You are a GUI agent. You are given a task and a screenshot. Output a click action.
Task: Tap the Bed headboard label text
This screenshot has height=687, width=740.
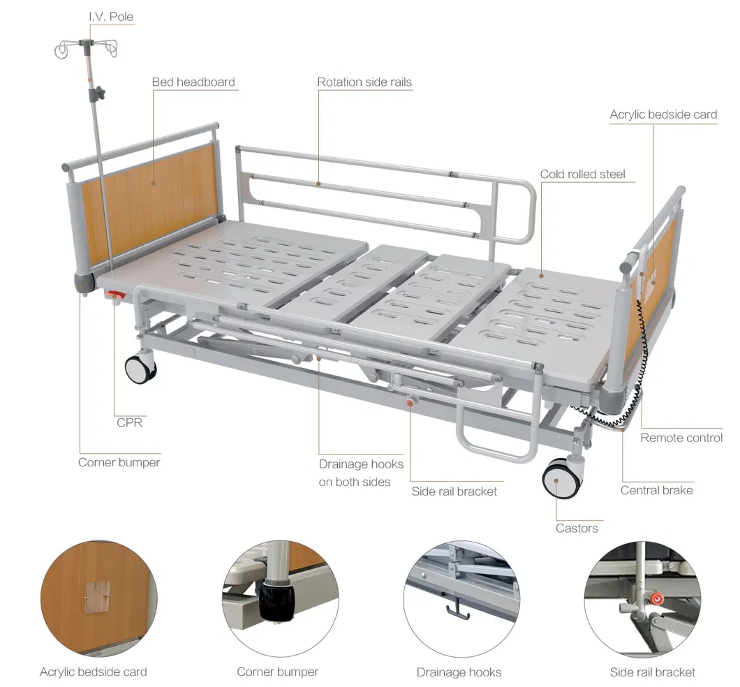pyautogui.click(x=193, y=82)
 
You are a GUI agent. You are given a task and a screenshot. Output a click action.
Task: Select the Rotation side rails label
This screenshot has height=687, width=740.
pyautogui.click(x=364, y=82)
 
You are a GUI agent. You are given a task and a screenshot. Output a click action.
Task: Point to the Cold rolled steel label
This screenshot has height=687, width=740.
pyautogui.click(x=582, y=174)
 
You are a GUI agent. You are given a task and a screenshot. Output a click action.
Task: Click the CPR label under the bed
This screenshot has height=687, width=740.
pyautogui.click(x=130, y=422)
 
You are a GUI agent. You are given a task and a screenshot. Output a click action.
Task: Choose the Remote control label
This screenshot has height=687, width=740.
pyautogui.click(x=681, y=438)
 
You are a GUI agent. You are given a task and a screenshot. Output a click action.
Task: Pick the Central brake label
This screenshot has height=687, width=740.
pyautogui.click(x=656, y=490)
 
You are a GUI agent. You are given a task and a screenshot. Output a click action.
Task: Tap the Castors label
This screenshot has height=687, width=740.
pyautogui.click(x=577, y=529)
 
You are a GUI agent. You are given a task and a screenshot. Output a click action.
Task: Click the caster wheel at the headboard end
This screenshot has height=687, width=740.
pyautogui.click(x=140, y=368)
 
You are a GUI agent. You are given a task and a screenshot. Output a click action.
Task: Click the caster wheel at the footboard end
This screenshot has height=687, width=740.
pyautogui.click(x=561, y=478)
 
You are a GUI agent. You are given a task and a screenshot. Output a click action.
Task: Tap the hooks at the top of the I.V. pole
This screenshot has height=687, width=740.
pyautogui.click(x=87, y=48)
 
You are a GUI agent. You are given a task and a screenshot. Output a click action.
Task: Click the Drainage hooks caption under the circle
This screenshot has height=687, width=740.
pyautogui.click(x=459, y=672)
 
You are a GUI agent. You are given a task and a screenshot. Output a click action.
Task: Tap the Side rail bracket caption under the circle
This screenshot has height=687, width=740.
pyautogui.click(x=653, y=672)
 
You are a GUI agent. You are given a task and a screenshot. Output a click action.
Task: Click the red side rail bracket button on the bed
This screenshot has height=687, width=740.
pyautogui.click(x=411, y=402)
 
